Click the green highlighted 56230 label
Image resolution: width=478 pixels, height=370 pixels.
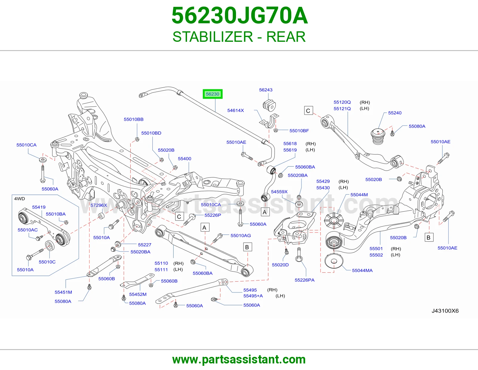coord(212,94)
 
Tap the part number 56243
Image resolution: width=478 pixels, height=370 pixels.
coord(266,90)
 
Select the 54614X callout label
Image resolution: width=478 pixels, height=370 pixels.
coord(236,110)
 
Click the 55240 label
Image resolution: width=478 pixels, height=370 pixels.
coord(395,113)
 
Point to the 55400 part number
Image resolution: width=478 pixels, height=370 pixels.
coord(185,159)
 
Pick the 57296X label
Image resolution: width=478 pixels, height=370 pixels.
coord(99,205)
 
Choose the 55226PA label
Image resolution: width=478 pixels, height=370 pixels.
coord(305,280)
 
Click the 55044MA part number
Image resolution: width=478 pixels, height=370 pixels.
coord(362,270)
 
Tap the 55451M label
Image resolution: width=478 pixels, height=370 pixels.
coord(63,292)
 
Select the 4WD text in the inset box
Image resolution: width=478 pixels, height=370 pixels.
coord(20,199)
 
